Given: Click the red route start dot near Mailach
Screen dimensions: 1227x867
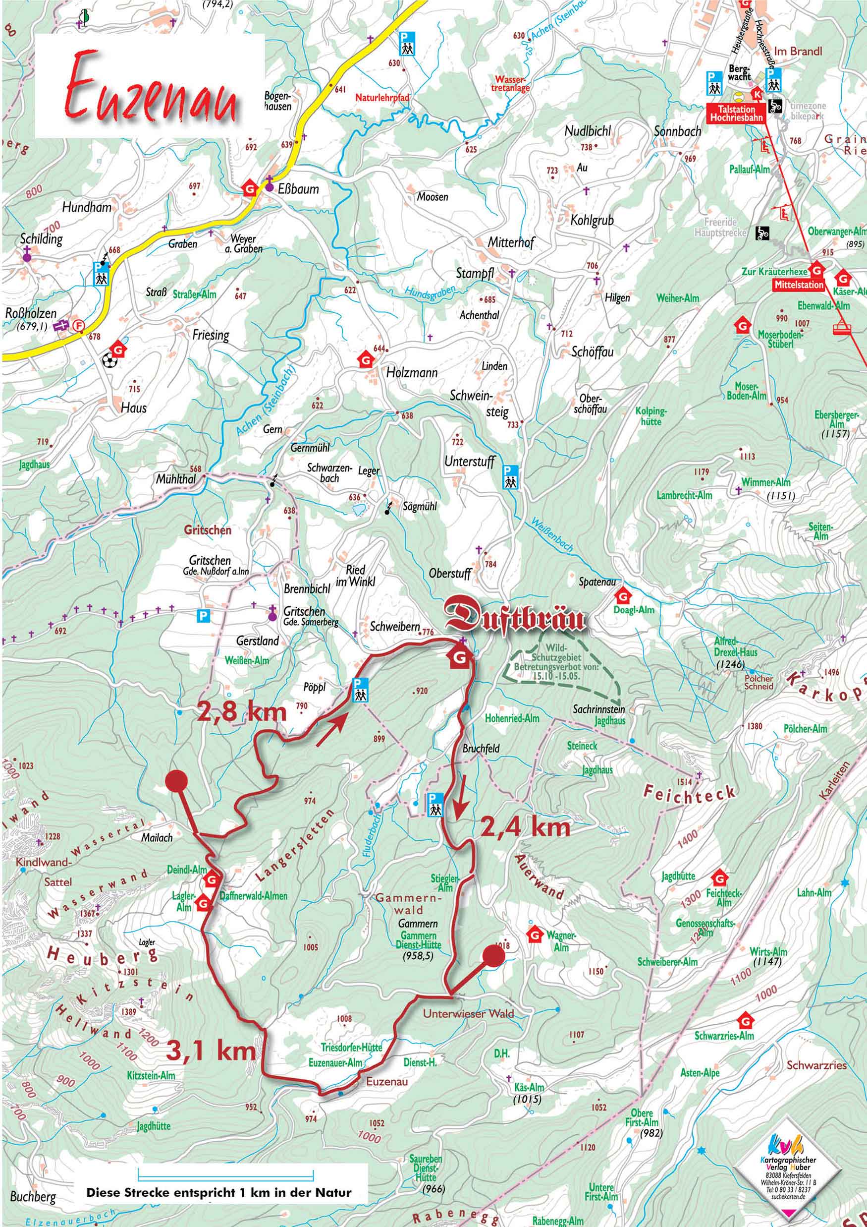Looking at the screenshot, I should click(x=176, y=780).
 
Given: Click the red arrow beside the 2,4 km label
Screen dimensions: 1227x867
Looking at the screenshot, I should click(x=459, y=805).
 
